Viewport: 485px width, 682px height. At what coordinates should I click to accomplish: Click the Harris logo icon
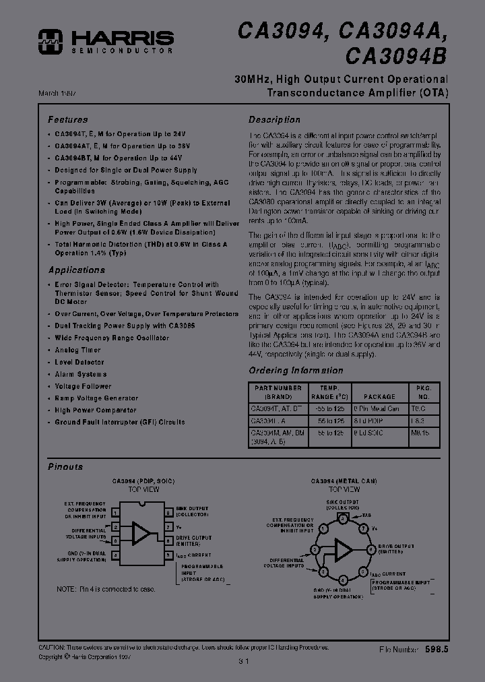coord(50,41)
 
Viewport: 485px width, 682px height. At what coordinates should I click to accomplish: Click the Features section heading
coord(67,120)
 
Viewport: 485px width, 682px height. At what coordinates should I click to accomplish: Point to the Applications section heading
coord(76,270)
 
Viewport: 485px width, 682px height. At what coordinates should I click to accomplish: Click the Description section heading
coord(274,120)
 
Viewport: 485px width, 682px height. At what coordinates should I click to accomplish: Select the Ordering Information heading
coord(296,371)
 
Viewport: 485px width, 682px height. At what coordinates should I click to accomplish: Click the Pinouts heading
coord(65,466)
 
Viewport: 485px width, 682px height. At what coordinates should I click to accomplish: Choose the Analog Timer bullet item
coord(77,350)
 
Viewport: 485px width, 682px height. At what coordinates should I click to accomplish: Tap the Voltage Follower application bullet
coord(83,386)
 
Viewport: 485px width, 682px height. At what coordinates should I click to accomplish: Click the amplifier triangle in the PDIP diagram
coord(141,533)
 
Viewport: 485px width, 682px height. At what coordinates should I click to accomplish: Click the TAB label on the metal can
coord(366,515)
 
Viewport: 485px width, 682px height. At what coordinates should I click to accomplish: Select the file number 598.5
coord(437,648)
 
